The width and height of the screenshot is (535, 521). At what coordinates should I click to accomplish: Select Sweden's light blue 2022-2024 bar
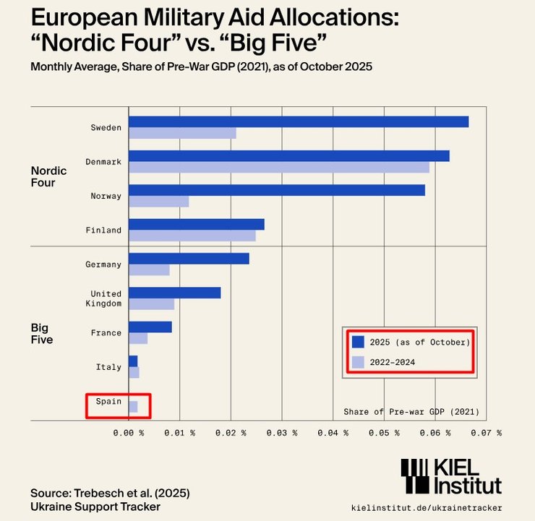[182, 133]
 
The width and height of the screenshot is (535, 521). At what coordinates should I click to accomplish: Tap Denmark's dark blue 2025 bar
[288, 156]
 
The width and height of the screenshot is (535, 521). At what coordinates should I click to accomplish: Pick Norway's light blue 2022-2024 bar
[158, 201]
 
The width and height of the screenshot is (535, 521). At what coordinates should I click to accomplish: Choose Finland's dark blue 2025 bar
[196, 224]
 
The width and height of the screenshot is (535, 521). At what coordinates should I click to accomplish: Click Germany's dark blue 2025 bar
[189, 259]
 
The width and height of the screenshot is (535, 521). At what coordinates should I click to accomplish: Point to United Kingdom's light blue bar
[151, 304]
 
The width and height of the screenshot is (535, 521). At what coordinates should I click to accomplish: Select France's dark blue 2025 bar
[150, 327]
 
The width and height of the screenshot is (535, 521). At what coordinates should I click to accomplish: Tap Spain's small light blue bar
[133, 407]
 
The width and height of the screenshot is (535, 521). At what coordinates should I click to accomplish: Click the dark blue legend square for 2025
[357, 341]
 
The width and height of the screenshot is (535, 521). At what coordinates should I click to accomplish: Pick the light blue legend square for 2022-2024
[357, 362]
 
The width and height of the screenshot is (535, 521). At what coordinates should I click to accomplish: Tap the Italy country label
[108, 367]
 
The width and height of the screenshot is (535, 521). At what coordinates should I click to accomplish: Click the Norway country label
[106, 196]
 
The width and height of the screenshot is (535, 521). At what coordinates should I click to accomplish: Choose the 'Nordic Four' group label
[48, 177]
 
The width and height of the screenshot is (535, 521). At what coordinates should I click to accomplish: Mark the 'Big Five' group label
[42, 333]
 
